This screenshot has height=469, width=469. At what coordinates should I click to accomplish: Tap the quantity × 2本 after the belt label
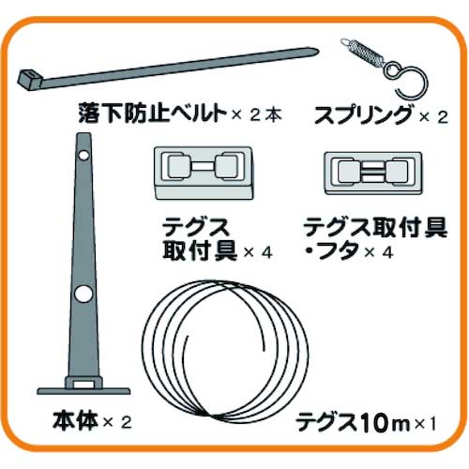[255, 117]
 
